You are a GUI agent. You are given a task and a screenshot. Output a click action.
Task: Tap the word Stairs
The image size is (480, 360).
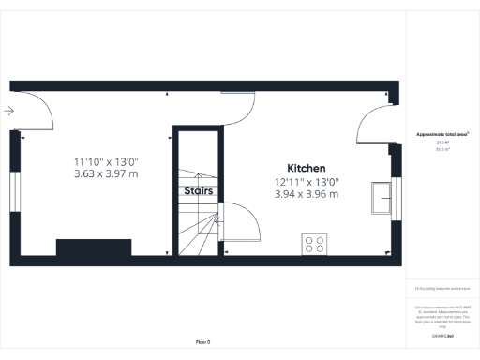[198, 191]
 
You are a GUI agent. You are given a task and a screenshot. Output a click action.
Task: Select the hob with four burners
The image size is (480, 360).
[314, 245]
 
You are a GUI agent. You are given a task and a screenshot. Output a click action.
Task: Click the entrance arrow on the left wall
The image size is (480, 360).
[8, 112]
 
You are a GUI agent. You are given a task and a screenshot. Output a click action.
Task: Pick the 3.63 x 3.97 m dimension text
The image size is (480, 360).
[106, 173]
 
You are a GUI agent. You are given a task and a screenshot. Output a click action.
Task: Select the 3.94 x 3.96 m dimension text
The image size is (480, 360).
[307, 194]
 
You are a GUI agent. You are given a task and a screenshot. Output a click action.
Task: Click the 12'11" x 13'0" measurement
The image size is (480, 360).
[307, 182]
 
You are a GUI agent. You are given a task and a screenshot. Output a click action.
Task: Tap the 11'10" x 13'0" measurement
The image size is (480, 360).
[106, 161]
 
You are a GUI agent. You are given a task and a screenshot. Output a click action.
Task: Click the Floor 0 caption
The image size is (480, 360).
[202, 341]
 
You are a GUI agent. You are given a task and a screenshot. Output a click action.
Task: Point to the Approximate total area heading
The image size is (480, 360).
[442, 135]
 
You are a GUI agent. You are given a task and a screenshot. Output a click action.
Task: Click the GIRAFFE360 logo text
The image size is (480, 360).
[442, 335]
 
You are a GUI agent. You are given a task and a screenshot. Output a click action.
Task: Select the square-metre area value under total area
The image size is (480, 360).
[442, 149]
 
